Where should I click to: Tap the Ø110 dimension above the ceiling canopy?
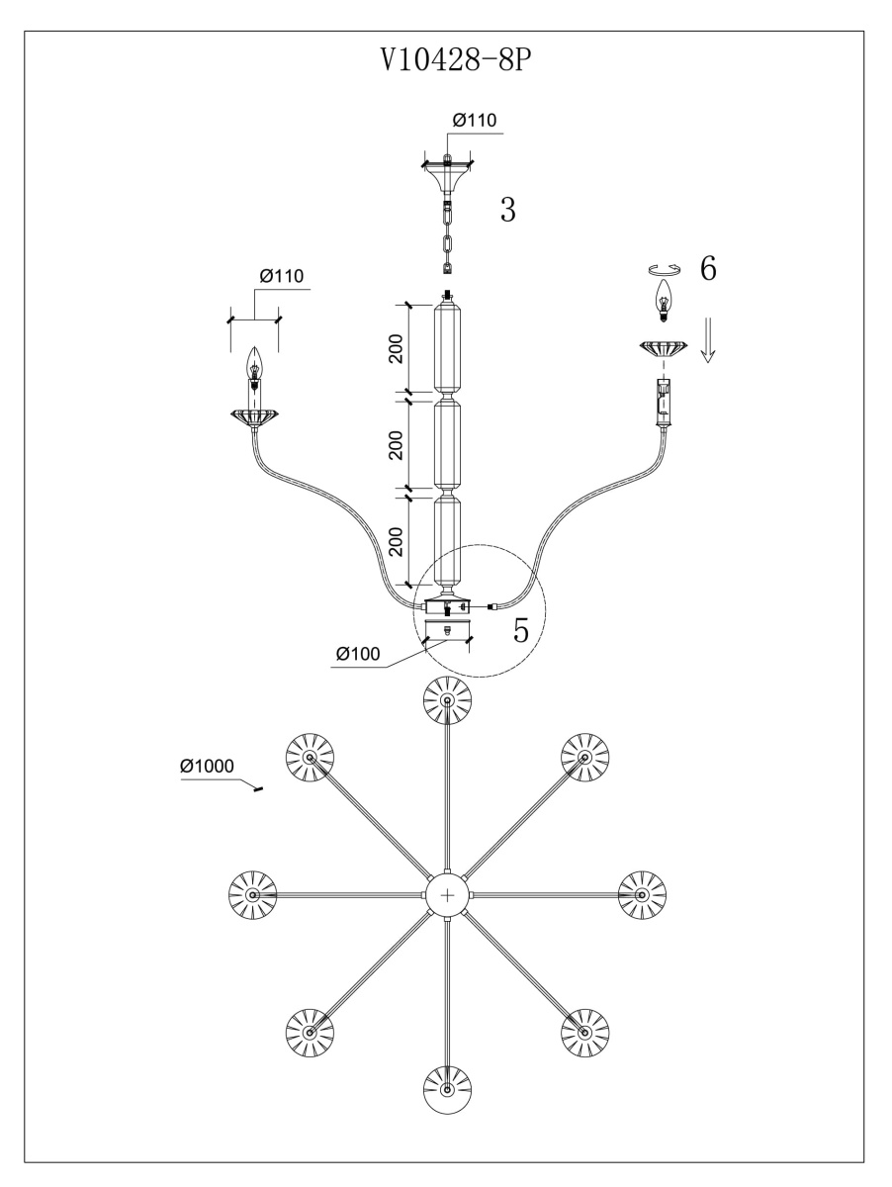pyautogui.click(x=474, y=120)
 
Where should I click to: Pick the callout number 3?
pyautogui.click(x=506, y=210)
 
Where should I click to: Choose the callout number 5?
pyautogui.click(x=521, y=631)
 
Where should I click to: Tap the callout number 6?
pyautogui.click(x=708, y=268)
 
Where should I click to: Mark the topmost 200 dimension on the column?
pyautogui.click(x=396, y=348)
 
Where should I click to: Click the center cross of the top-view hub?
pyautogui.click(x=448, y=894)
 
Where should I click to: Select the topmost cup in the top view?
pyautogui.click(x=447, y=700)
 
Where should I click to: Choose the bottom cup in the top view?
pyautogui.click(x=447, y=1090)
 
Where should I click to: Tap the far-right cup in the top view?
pyautogui.click(x=642, y=894)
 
